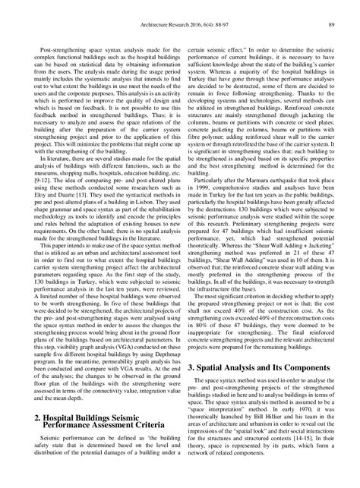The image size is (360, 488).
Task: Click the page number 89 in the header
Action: pos(332,10)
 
